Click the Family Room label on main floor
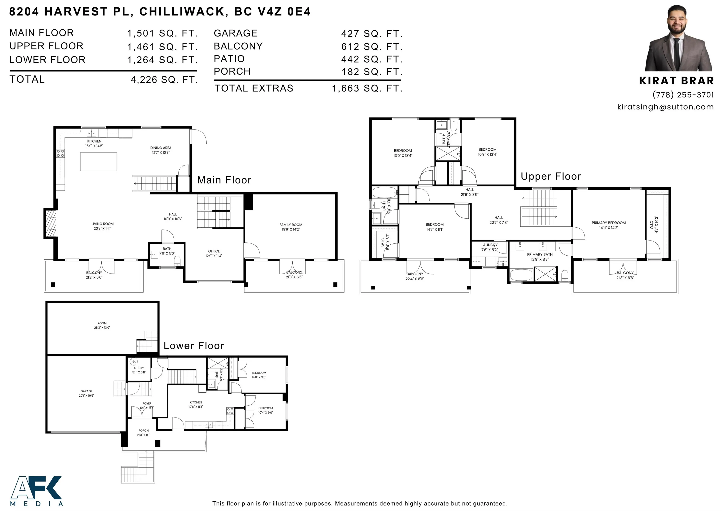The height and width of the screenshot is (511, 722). pos(290,227)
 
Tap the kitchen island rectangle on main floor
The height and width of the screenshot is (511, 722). pos(98,161)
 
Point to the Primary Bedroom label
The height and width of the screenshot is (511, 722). pos(608,225)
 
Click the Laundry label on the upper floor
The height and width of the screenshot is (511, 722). pos(489,247)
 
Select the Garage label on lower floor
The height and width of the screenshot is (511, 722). pos(86,393)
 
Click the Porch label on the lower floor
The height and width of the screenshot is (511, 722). pos(143,432)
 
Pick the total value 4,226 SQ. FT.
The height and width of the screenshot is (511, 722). pos(164,80)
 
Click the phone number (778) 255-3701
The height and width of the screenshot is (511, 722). pos(683,95)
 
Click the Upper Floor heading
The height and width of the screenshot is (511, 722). pos(551,176)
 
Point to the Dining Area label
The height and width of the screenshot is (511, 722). pos(161,150)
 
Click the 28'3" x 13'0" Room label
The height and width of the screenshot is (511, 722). pos(102,325)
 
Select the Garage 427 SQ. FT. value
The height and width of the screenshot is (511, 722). pos(372,34)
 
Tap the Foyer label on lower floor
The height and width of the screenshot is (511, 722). pos(147,405)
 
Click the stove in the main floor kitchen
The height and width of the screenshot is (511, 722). pos(60,153)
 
